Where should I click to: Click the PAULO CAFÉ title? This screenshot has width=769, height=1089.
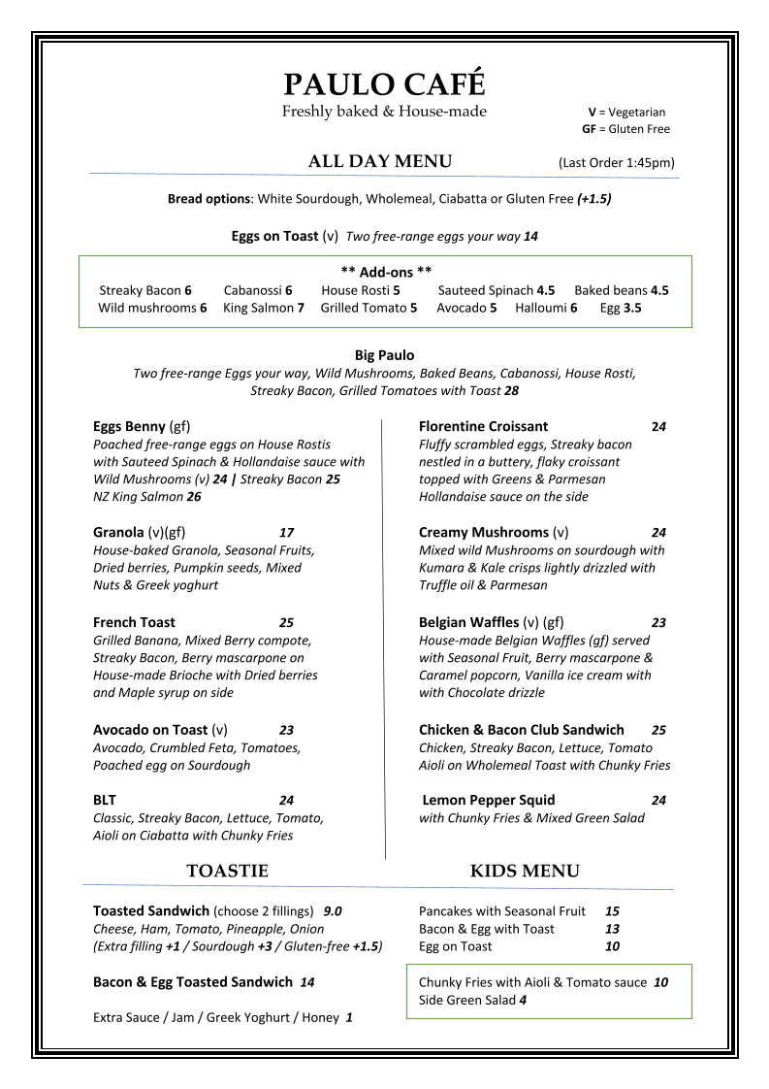click(x=384, y=84)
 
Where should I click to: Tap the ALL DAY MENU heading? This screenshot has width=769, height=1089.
click(x=379, y=162)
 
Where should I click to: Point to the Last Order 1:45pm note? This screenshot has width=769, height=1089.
click(x=616, y=163)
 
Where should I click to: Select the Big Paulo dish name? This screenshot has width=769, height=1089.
click(x=384, y=355)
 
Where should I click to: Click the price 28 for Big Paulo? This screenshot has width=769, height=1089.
click(x=511, y=390)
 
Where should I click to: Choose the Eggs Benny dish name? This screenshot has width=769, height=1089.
click(x=129, y=426)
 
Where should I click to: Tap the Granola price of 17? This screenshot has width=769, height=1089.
click(x=286, y=533)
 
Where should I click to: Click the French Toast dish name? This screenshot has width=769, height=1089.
click(x=134, y=622)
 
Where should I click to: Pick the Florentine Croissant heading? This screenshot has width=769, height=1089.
click(x=483, y=426)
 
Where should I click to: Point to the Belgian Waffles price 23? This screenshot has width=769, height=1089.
click(x=658, y=623)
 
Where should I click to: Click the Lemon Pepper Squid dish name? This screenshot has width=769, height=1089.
click(x=488, y=800)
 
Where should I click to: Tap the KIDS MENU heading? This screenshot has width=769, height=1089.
click(x=525, y=872)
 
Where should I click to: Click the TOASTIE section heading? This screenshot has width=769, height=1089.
click(x=227, y=872)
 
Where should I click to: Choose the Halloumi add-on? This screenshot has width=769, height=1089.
click(x=546, y=308)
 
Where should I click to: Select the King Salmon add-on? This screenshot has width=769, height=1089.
click(x=263, y=308)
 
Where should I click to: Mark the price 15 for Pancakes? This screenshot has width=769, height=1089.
click(x=612, y=911)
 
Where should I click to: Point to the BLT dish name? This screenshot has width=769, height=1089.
click(x=105, y=800)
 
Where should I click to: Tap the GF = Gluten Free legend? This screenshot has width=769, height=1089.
click(x=625, y=129)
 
